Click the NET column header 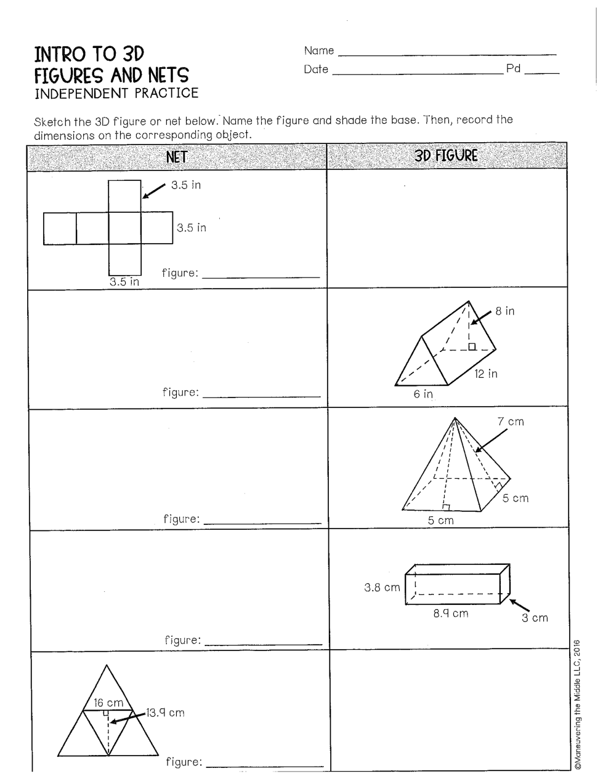[176, 157]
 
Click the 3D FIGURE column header [446, 156]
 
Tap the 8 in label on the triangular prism [505, 311]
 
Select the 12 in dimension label [486, 374]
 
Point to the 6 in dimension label [423, 394]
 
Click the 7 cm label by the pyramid [511, 421]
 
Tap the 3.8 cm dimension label [382, 588]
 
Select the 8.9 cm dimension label [450, 613]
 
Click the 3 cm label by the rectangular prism [535, 618]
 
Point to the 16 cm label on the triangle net [108, 703]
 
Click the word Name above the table [318, 50]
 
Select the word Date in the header [315, 70]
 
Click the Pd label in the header [513, 69]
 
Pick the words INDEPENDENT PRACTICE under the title [116, 93]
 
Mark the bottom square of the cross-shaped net [124, 260]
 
